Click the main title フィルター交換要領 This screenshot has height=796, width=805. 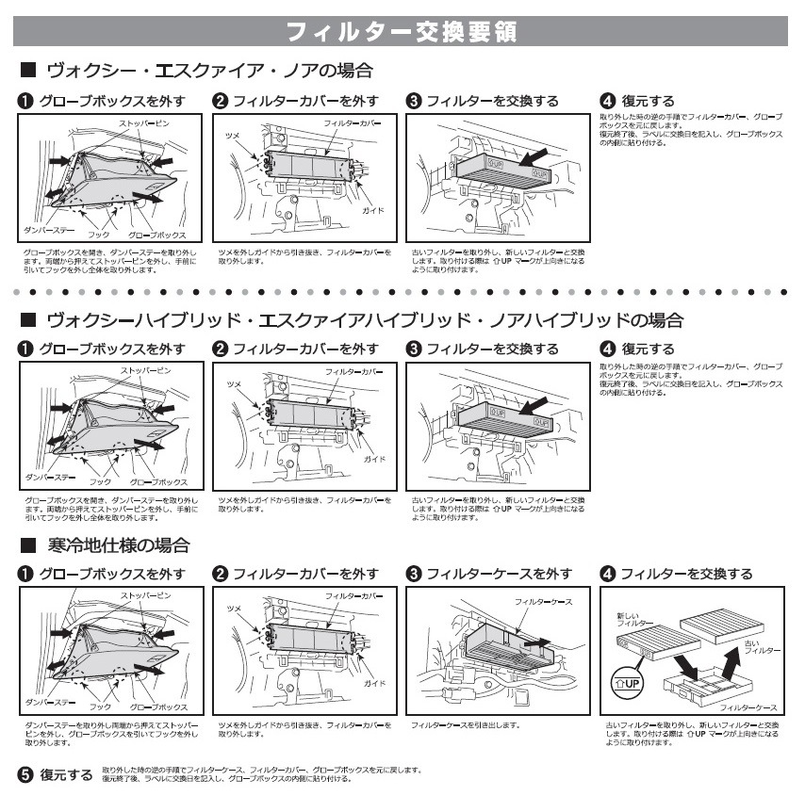coord(402,32)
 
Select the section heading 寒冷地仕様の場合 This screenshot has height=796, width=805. coord(118,545)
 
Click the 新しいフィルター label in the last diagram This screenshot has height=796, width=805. coord(634,619)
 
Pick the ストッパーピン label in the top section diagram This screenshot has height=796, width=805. coord(145,124)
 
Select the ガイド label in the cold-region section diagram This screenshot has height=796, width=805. coord(374,682)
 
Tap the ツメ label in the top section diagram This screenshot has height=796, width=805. coord(233,137)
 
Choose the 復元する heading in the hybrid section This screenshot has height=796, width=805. coord(648,349)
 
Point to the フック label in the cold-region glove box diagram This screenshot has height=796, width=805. coord(99,706)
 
